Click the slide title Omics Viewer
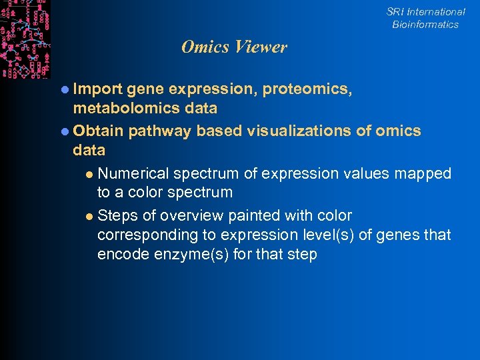pos(234,47)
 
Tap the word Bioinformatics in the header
pos(425,25)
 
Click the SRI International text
pos(425,12)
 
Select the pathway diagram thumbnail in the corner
pos(25,39)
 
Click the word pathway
pos(160,131)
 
